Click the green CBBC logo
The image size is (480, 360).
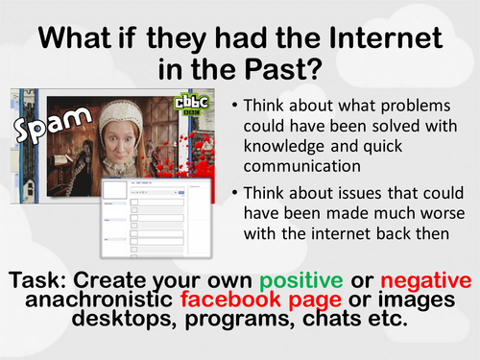point(183,107)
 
